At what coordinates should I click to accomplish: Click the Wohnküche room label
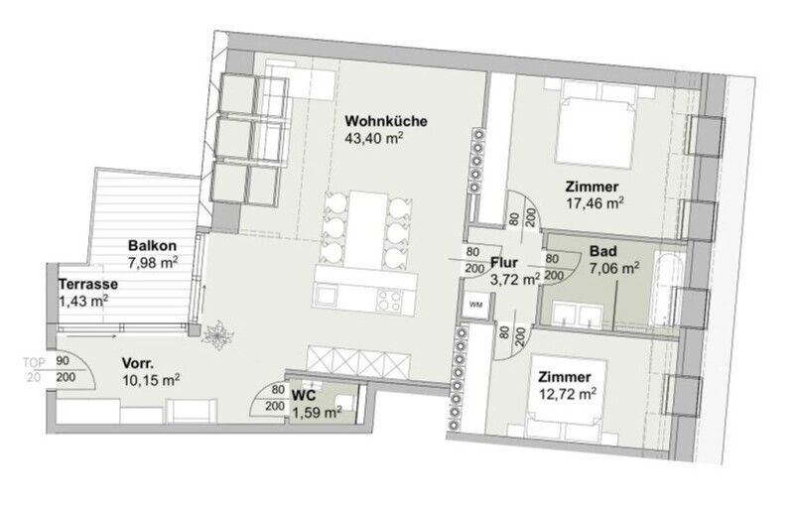click(x=386, y=121)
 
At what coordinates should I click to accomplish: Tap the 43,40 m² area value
click(x=374, y=138)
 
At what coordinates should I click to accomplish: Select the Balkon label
click(x=152, y=246)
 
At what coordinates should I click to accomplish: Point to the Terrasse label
click(x=88, y=284)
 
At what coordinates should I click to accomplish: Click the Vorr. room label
click(x=138, y=363)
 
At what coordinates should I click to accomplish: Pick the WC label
click(x=304, y=395)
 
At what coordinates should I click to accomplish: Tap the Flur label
click(x=504, y=262)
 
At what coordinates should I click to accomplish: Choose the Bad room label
click(x=603, y=251)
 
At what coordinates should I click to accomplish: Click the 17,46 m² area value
click(x=595, y=203)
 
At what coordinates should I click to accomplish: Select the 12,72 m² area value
click(x=567, y=394)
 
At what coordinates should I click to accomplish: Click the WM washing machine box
click(x=476, y=306)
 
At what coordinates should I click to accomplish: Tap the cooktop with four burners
click(x=390, y=299)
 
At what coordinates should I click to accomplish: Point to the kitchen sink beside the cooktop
click(x=327, y=297)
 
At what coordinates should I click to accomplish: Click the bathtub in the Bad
click(x=667, y=290)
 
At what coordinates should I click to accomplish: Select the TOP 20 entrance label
click(x=34, y=370)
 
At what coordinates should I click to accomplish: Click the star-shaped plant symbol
click(x=217, y=334)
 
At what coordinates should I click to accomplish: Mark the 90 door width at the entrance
click(x=63, y=361)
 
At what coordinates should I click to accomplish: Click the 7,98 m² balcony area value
click(x=152, y=262)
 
